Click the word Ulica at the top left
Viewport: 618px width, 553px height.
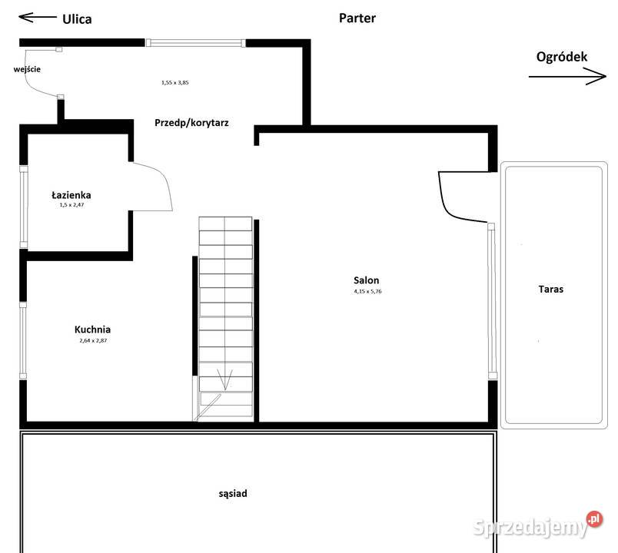coord(77,19)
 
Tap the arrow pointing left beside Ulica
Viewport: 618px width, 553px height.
coord(38,17)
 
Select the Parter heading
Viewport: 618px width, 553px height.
coord(357,18)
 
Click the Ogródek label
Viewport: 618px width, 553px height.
coord(562,57)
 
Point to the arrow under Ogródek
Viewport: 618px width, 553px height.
coord(567,76)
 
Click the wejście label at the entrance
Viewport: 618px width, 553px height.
coord(27,69)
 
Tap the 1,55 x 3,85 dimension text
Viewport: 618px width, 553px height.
coord(175,83)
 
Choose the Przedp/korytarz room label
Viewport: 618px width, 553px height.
coord(191,123)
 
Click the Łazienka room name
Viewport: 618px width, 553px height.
coord(71,195)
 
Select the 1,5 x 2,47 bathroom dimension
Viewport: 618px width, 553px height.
coord(71,205)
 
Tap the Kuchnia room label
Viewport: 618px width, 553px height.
coord(92,329)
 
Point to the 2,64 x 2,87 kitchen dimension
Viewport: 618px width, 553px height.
coord(93,341)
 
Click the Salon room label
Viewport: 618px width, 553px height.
coord(366,280)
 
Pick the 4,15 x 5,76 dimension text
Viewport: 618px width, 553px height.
coord(367,291)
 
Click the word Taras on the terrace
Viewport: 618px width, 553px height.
coord(551,289)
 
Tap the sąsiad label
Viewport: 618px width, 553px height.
coord(233,494)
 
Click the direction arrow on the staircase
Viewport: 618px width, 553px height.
coord(225,379)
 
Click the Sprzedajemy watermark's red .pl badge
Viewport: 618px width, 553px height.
coord(594,519)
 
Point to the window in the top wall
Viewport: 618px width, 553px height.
coord(195,42)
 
